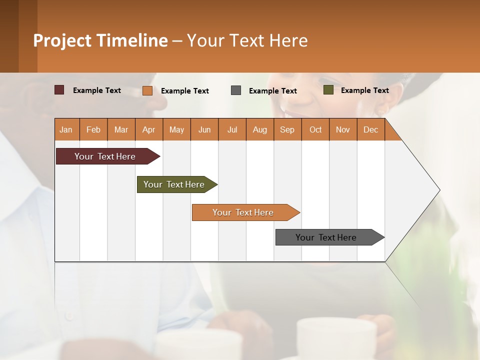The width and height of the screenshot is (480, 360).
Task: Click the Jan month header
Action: click(x=66, y=129)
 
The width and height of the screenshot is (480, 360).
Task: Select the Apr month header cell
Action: click(x=149, y=129)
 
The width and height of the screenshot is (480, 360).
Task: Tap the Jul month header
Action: click(x=232, y=129)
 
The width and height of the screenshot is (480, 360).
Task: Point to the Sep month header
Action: click(x=287, y=129)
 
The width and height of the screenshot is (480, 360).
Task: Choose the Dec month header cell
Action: click(x=370, y=129)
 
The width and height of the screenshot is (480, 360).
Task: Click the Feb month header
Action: click(x=93, y=129)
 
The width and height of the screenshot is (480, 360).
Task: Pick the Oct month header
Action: click(x=315, y=129)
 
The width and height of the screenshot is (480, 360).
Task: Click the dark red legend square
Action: click(x=59, y=90)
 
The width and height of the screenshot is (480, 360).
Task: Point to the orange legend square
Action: click(x=147, y=90)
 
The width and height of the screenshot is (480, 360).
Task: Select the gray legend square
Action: click(x=236, y=90)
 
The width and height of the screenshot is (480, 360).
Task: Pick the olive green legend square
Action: click(x=328, y=90)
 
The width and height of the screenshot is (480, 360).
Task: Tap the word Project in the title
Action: click(x=62, y=40)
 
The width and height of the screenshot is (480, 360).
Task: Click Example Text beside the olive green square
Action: click(x=364, y=90)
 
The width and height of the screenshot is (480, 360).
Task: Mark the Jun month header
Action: click(x=204, y=129)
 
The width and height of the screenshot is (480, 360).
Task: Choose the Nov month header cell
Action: click(x=343, y=129)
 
